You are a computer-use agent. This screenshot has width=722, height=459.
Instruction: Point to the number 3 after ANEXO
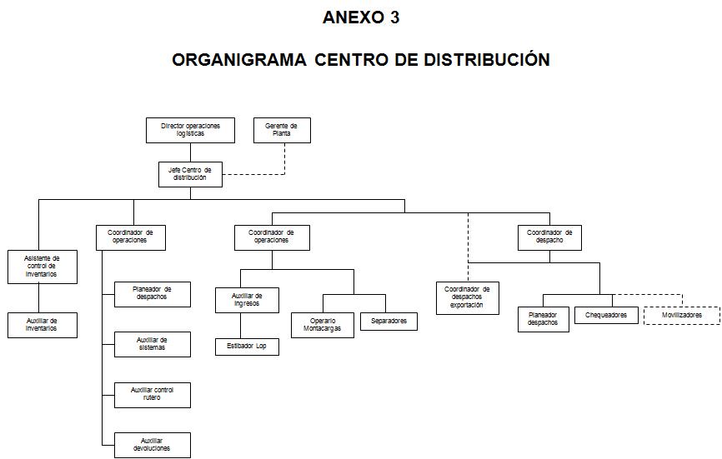point(394,17)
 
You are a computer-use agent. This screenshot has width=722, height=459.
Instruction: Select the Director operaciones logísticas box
point(191,130)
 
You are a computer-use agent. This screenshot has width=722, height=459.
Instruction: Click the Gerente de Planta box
point(282,130)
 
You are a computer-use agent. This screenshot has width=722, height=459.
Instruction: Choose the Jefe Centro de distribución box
point(190,174)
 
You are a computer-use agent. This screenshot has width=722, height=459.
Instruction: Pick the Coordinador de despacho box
point(549,237)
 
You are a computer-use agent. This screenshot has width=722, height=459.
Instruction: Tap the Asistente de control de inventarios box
point(42,267)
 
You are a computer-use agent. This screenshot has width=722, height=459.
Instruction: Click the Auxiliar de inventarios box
point(42,325)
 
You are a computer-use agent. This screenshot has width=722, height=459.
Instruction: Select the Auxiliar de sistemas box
point(152,344)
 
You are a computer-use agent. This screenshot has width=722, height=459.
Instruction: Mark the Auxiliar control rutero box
point(152,395)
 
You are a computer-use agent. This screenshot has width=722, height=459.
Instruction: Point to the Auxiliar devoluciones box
point(152,445)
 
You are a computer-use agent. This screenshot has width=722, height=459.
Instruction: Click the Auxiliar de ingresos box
point(247,300)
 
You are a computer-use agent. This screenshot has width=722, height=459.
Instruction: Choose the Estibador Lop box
point(247,347)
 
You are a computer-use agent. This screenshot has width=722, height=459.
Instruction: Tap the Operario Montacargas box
point(322,325)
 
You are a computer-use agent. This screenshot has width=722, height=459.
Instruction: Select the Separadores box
point(389,321)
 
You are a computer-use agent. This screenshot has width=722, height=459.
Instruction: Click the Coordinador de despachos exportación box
point(467,297)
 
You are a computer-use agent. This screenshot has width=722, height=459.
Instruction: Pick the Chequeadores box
point(606,316)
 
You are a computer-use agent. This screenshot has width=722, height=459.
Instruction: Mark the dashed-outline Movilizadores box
point(681,316)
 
